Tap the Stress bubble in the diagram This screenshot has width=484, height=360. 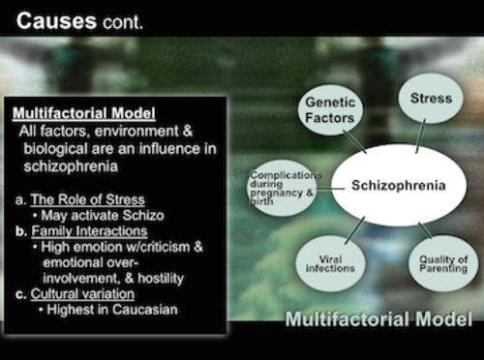tap(431, 99)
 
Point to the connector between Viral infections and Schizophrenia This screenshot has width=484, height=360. tap(353, 227)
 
